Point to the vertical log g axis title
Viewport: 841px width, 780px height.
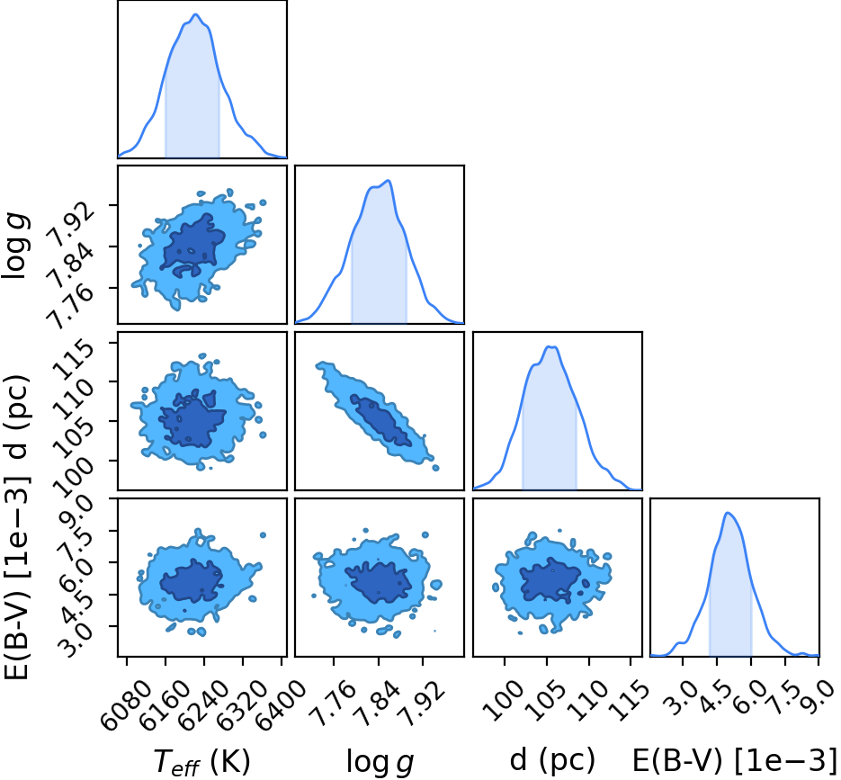point(15,246)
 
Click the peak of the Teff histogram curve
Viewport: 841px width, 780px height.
point(196,14)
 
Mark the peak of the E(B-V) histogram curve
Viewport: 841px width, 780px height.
point(728,513)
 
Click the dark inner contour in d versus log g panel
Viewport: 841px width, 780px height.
point(380,421)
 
